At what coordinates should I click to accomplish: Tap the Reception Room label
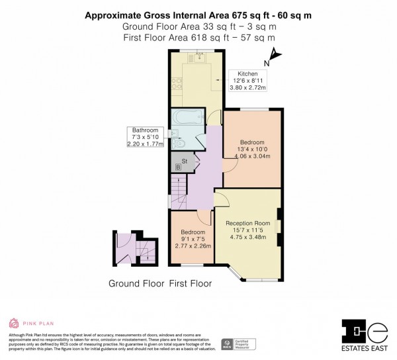tap(248, 224)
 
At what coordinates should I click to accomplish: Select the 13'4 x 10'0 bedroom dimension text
tap(252, 150)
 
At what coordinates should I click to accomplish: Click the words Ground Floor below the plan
tap(136, 284)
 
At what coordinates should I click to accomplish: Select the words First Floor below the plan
tap(190, 284)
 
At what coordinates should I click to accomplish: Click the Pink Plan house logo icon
tap(13, 324)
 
